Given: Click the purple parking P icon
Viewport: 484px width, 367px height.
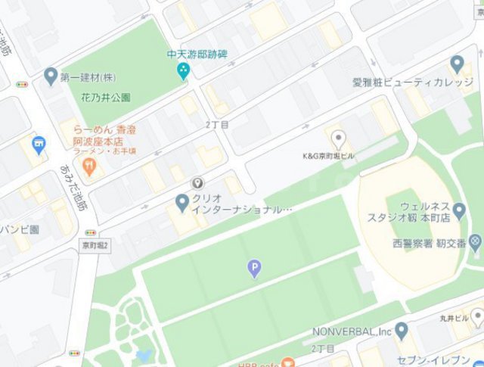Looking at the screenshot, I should [x=254, y=268].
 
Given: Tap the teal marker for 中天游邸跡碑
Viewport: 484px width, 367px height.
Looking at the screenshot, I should [x=182, y=71].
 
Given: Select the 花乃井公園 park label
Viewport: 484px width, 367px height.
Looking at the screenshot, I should [x=106, y=98].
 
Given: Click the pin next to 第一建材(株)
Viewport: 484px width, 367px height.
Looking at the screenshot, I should [x=51, y=76].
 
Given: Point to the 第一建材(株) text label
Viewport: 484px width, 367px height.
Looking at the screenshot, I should [x=88, y=77].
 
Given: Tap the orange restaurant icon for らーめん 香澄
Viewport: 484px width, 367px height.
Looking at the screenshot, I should [x=90, y=166].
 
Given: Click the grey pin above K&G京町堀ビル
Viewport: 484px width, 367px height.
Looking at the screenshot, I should [x=340, y=138].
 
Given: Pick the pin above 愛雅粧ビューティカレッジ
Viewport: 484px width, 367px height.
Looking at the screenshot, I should [x=457, y=64].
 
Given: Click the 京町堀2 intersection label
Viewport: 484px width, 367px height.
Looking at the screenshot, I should [x=95, y=245].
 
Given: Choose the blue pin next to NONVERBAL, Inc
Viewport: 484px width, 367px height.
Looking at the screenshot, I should [x=402, y=330].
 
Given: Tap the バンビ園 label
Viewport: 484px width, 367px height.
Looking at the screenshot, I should [x=20, y=229].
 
